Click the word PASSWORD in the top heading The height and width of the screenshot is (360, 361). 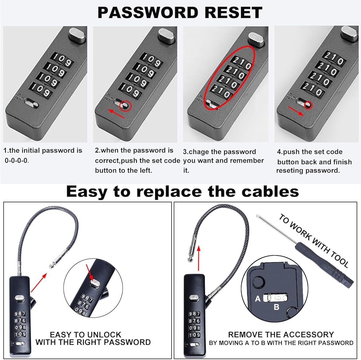click(148, 12)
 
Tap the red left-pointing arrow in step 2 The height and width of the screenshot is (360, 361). click(117, 114)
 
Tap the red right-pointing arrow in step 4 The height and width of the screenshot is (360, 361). click(296, 111)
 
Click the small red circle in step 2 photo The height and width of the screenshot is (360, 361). click(126, 106)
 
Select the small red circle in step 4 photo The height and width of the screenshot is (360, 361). click(308, 105)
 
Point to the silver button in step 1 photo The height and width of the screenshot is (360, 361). click(77, 35)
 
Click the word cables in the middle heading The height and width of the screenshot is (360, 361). click(270, 192)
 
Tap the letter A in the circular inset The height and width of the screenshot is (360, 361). click(258, 299)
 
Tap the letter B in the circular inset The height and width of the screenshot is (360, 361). click(276, 307)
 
